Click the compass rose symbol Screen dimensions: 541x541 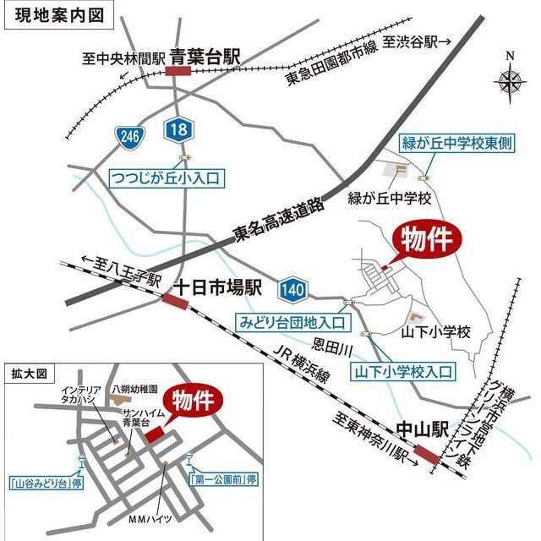tap(510, 81)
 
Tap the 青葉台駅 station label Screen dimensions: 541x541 tap(205, 57)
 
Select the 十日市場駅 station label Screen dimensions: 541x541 tap(218, 287)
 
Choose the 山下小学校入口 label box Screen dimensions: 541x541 tap(403, 370)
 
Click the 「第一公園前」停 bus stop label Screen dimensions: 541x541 tap(221, 479)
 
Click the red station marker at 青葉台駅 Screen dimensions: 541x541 tap(178, 72)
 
